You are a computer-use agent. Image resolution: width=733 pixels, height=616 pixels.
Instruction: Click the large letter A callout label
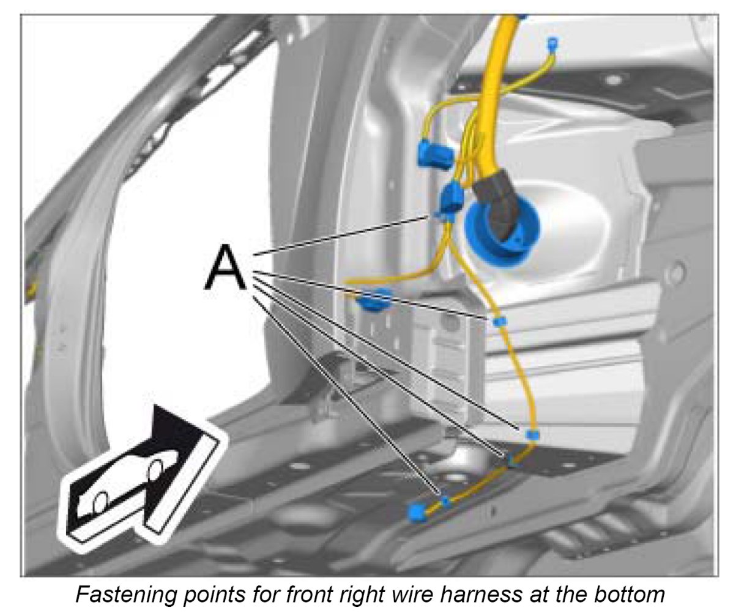point(226,267)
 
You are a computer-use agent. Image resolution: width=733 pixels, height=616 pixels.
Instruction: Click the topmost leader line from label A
point(343,235)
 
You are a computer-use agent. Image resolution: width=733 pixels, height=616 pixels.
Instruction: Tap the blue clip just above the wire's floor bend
point(532,434)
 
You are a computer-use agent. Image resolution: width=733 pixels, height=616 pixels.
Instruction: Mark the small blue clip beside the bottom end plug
point(446,502)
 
